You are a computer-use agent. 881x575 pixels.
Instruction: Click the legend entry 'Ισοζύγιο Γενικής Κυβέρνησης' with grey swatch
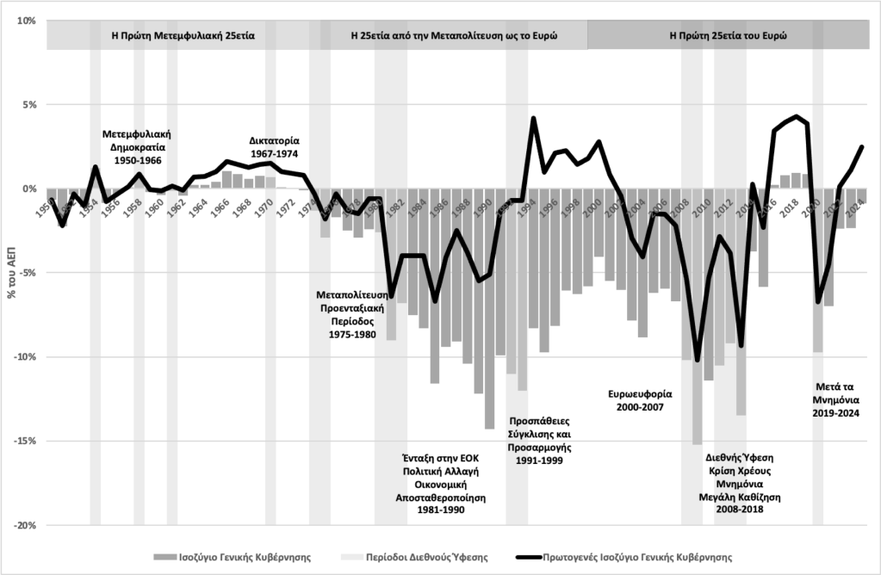pos(232,556)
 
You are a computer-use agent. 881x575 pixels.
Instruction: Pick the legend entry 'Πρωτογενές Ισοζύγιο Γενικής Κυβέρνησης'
pos(624,556)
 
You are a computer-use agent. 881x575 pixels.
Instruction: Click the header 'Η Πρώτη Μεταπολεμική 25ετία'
pos(183,36)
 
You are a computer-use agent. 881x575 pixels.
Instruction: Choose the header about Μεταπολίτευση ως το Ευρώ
pos(455,36)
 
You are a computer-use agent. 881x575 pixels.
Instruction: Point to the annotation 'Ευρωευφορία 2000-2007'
pos(638,400)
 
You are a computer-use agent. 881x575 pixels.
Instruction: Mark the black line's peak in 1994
pos(534,118)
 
